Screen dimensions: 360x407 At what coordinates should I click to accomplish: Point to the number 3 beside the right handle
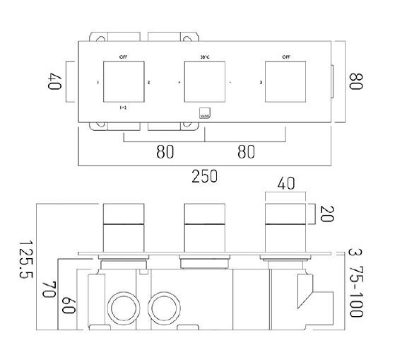261,83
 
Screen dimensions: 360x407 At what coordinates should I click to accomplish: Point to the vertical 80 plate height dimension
355,82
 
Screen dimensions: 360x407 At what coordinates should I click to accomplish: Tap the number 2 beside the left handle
148,83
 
